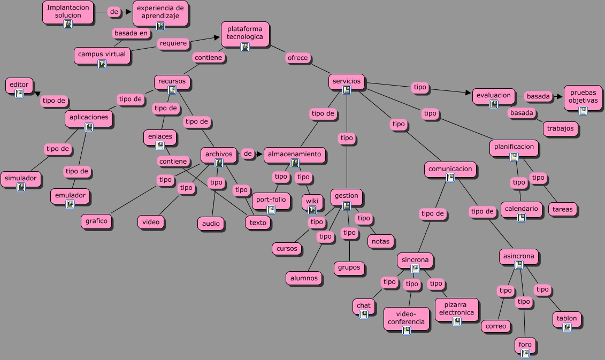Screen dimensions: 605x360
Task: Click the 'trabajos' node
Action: tap(561, 128)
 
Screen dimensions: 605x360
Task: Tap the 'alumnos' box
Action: tap(304, 278)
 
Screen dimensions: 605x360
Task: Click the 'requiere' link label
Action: tap(173, 43)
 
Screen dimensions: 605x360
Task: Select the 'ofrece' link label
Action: tap(297, 58)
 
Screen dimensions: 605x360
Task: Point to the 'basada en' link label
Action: tap(131, 33)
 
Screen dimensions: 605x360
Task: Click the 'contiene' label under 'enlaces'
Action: tap(173, 161)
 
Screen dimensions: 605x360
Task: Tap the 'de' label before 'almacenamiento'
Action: tap(247, 154)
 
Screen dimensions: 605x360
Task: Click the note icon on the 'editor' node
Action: tap(20, 94)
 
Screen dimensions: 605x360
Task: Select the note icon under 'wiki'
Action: tap(312, 210)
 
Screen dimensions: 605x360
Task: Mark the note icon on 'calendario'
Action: tap(522, 217)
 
